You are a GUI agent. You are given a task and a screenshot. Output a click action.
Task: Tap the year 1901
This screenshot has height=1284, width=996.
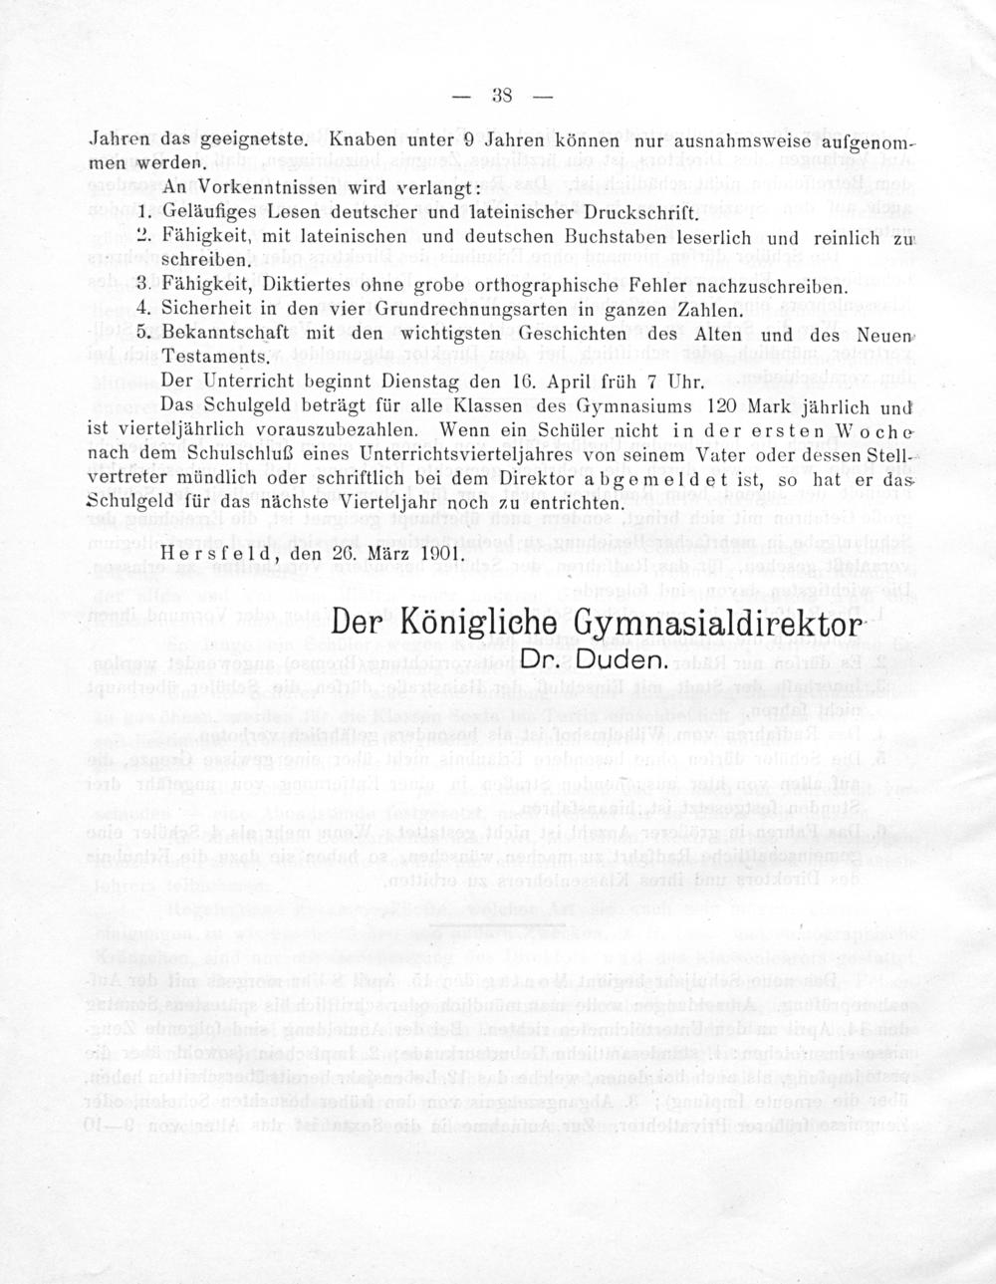coord(437,552)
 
